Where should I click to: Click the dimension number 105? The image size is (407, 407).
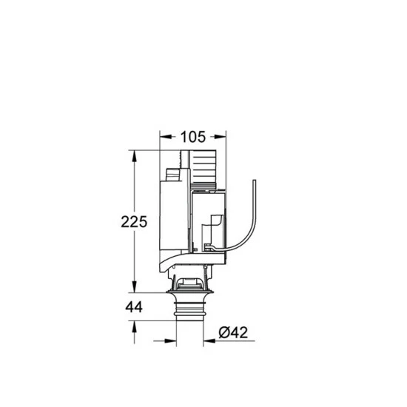tap(193, 136)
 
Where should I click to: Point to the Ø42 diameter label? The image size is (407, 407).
tap(233, 334)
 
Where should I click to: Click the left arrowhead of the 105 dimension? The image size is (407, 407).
tap(164, 136)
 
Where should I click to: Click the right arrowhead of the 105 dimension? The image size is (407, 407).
tap(222, 136)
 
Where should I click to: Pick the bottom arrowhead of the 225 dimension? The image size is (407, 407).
tap(134, 288)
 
